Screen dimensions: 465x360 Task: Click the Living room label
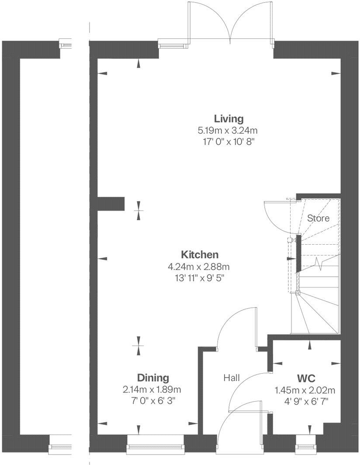click(x=228, y=118)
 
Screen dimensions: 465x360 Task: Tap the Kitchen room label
click(x=200, y=254)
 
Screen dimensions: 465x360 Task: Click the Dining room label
click(x=153, y=378)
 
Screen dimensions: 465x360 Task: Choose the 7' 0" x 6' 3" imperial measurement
click(x=153, y=400)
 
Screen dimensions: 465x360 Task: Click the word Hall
click(x=232, y=378)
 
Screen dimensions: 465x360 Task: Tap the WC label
click(x=307, y=378)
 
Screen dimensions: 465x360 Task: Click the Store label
click(x=318, y=218)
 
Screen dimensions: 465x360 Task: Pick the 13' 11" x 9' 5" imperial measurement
click(x=199, y=277)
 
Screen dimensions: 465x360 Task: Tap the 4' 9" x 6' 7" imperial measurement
click(x=307, y=400)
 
